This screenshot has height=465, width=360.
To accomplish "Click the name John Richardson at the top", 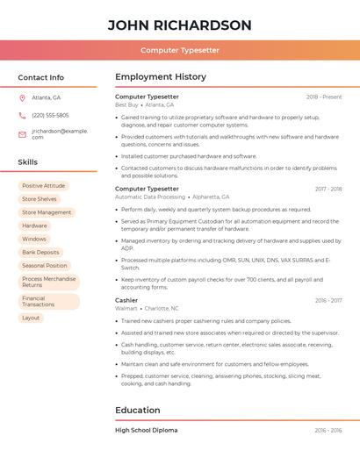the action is click(179, 25).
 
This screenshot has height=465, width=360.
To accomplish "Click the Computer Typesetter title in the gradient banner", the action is click(179, 50).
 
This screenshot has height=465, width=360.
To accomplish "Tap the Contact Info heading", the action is click(40, 77).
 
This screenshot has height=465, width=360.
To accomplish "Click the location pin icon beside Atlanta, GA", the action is click(22, 97).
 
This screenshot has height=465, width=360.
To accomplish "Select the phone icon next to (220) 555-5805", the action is click(22, 115).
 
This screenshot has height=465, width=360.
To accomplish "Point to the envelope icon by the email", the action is click(22, 134).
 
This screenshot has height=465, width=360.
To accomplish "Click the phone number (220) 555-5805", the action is click(50, 115).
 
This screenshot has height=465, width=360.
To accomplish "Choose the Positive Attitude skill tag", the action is click(43, 186).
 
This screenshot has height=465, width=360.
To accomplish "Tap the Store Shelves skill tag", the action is click(39, 199).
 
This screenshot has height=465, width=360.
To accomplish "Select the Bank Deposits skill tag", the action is click(40, 252).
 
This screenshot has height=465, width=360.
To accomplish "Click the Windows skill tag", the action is click(34, 239).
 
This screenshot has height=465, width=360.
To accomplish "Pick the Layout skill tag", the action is click(31, 318).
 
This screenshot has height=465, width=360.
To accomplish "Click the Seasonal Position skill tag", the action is click(44, 265).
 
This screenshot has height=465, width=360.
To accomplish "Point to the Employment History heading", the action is click(160, 77).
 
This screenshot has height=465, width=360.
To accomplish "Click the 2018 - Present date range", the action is click(324, 97).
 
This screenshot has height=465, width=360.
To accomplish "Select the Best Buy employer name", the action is click(126, 105).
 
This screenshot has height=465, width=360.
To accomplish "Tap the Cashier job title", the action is click(126, 300).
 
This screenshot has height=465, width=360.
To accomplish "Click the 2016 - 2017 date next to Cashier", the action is click(328, 300).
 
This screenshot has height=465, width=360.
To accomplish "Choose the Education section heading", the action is click(137, 410).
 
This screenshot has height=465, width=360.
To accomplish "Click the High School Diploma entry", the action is click(146, 431).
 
